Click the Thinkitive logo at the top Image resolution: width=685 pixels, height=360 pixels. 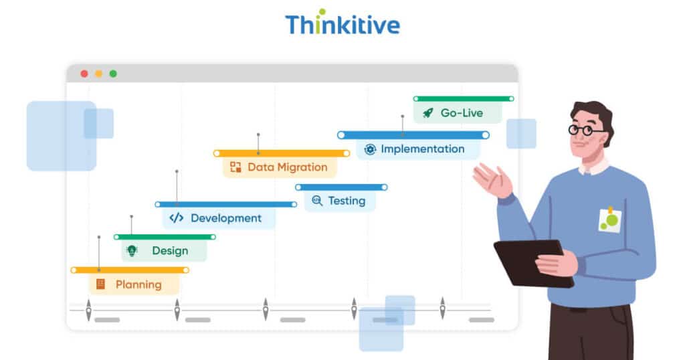coord(342,24)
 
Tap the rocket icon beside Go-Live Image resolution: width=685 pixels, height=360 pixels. coord(427,113)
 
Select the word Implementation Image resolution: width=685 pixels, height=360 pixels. coord(422,149)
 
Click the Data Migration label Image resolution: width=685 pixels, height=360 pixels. coord(288,167)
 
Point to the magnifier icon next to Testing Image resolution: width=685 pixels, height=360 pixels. coord(316,201)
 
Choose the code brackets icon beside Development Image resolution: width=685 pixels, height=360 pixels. coord(177,218)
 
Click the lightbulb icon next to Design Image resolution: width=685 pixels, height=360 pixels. coord(132,251)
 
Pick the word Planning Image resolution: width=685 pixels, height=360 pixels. coord(138,284)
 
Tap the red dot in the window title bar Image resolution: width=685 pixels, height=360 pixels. coord(84,74)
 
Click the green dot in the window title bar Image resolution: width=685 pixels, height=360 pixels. coord(113,74)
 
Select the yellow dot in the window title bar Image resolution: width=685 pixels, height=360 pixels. coord(98,74)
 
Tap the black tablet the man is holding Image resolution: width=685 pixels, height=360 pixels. coord(528,261)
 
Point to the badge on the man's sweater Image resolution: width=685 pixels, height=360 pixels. coord(609,220)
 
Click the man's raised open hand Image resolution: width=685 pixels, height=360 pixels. coord(492,179)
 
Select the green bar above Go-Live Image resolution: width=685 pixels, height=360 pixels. coord(463,98)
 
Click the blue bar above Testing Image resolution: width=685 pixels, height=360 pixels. coord(341,187)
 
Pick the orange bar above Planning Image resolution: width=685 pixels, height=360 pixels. coord(130,270)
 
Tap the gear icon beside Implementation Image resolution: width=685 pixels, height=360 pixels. coord(370,149)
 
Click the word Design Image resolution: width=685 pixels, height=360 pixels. coord(170,251)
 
